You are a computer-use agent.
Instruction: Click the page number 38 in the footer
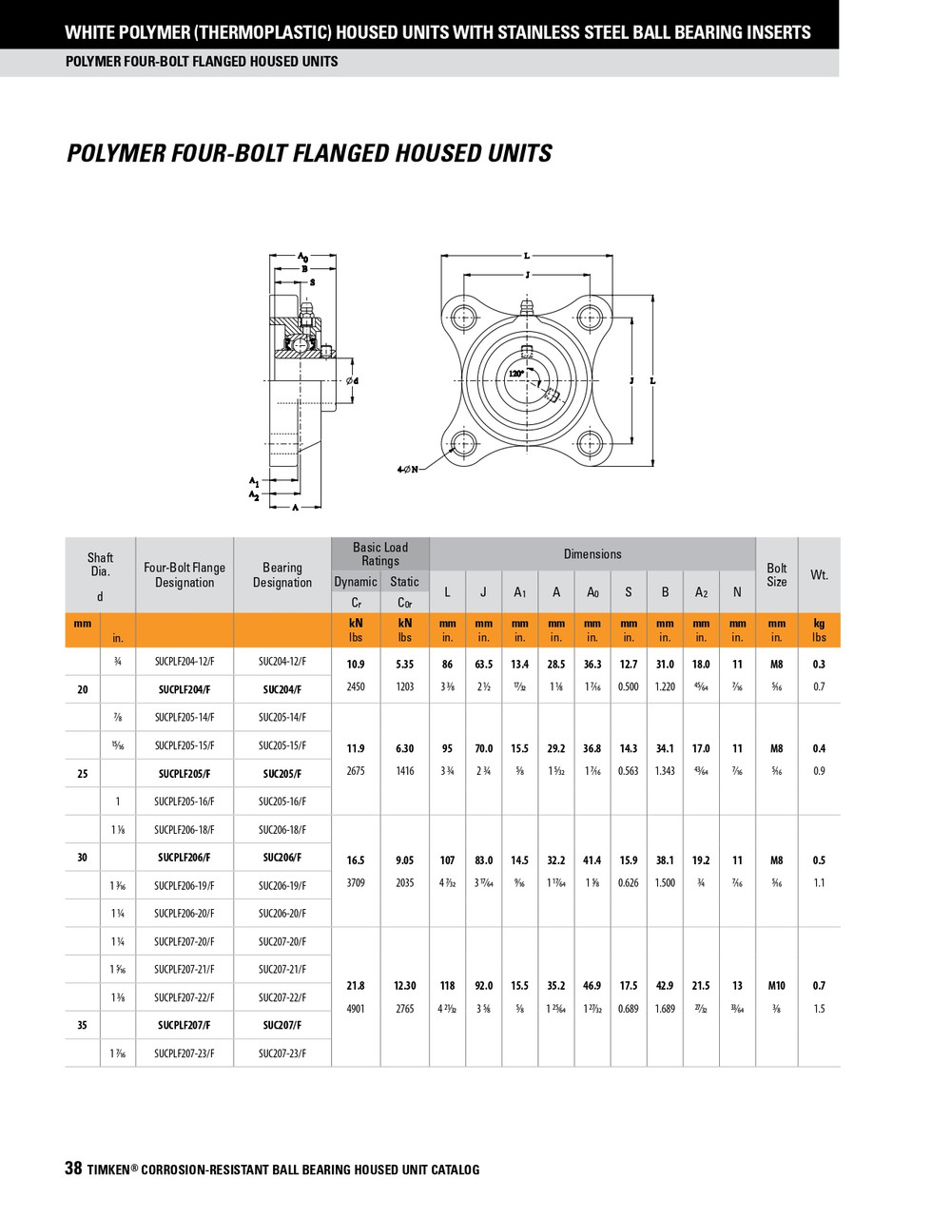73,1169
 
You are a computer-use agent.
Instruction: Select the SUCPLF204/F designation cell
184,689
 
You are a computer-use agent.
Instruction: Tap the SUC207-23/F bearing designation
282,1053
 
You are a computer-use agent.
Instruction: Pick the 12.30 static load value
405,986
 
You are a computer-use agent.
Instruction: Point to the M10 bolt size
776,986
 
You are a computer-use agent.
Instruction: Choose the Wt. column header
819,574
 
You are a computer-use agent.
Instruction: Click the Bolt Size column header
776,574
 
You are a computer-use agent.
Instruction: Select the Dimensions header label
592,554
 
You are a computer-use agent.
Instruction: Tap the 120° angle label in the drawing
515,374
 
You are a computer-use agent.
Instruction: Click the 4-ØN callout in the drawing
407,470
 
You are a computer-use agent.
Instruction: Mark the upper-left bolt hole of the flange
464,316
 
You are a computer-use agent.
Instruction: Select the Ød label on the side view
352,381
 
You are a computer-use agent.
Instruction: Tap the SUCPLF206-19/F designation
184,885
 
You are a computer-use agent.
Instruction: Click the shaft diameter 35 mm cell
83,1025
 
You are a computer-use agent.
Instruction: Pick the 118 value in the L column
447,986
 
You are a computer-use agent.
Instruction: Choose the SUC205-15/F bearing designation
282,745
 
